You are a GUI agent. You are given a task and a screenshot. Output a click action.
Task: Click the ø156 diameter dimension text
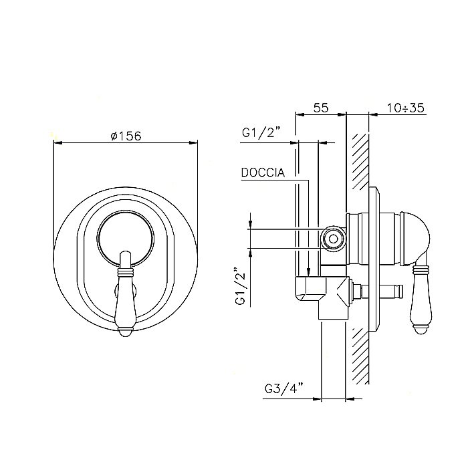pyautogui.click(x=126, y=136)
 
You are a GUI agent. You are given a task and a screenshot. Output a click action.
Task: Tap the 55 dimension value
pyautogui.click(x=321, y=108)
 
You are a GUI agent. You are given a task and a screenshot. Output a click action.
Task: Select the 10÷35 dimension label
pyautogui.click(x=406, y=108)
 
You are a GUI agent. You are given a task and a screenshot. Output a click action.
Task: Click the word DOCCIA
pyautogui.click(x=263, y=172)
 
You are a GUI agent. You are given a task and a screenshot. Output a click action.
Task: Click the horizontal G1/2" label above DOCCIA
pyautogui.click(x=261, y=132)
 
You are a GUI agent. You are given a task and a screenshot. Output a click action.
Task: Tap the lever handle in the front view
pyautogui.click(x=126, y=294)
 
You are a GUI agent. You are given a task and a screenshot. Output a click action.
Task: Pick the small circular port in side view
pyautogui.click(x=333, y=238)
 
